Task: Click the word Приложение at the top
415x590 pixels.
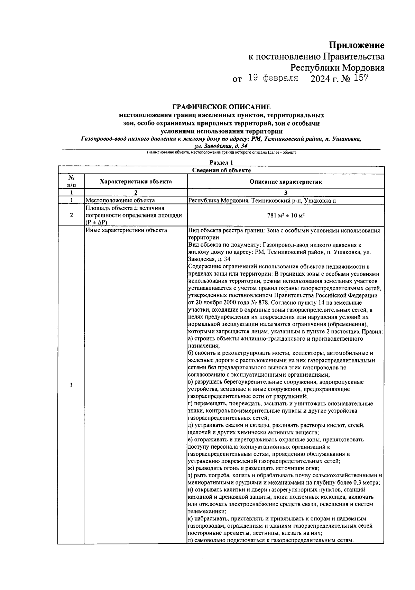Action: pos(356,45)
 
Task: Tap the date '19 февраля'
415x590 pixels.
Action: pos(273,78)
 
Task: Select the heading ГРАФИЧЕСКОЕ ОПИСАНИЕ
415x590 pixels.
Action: pos(221,107)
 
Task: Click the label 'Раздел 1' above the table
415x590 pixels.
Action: pos(221,163)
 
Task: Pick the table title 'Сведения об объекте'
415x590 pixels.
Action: pos(221,170)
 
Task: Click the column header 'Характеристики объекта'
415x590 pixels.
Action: pos(136,182)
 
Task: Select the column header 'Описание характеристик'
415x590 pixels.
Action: pos(286,182)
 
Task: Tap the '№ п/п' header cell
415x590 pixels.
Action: pos(71,181)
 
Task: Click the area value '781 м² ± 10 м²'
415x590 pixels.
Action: pos(286,215)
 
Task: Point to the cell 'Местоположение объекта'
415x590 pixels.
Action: pos(120,200)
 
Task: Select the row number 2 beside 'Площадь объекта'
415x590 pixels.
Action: pos(71,215)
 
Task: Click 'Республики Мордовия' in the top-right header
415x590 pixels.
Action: pos(337,67)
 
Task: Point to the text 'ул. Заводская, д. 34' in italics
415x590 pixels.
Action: pos(221,146)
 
